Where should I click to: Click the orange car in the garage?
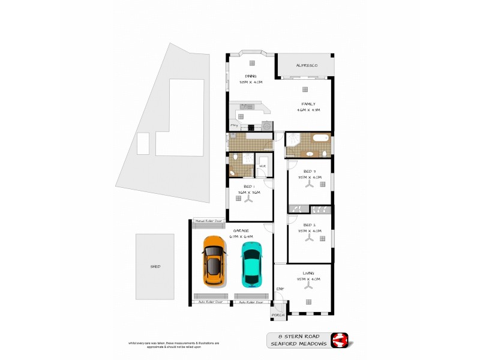(x=214, y=260)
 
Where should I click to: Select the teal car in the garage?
(x=251, y=263)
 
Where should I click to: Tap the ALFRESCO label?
(x=306, y=65)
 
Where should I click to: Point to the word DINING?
(x=250, y=76)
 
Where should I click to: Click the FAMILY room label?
(x=308, y=104)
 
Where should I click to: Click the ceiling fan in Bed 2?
(x=309, y=238)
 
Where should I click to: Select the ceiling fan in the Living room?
(x=309, y=286)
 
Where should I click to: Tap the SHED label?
(x=155, y=266)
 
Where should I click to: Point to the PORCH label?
(x=278, y=315)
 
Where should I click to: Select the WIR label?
(x=262, y=166)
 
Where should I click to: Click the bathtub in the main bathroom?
(x=320, y=139)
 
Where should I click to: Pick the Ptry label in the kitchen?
(x=234, y=125)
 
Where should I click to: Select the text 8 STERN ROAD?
(x=298, y=337)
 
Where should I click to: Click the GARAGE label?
(x=241, y=230)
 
